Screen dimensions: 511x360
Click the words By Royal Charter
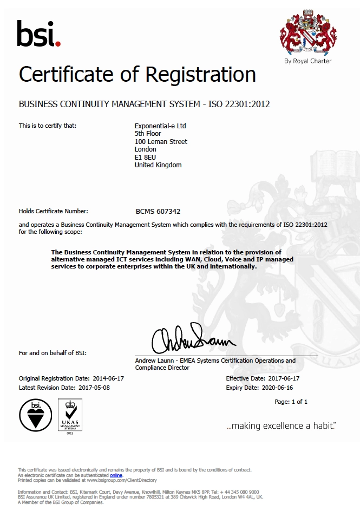pyautogui.click(x=307, y=61)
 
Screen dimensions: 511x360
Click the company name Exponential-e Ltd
pyautogui.click(x=160, y=126)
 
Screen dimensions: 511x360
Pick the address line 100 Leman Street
pyautogui.click(x=161, y=141)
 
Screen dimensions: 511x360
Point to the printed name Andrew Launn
pyautogui.click(x=154, y=361)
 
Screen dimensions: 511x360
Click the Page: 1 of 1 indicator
pyautogui.click(x=291, y=402)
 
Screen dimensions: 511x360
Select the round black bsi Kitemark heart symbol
pyautogui.click(x=36, y=416)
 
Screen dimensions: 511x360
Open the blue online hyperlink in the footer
pyautogui.click(x=116, y=475)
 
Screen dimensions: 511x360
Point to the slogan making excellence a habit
pyautogui.click(x=282, y=426)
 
